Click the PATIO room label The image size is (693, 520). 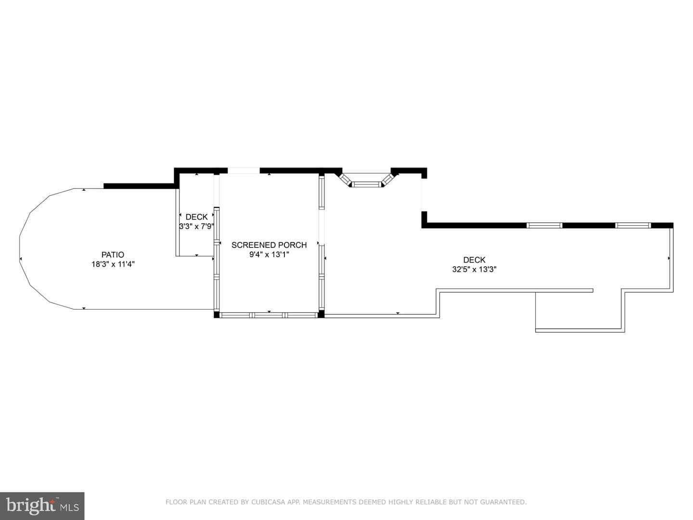pos(113,255)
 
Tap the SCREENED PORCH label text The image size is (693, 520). pos(269,245)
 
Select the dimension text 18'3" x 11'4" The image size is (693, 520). pos(113,264)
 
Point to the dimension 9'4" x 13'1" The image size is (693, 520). pos(269,255)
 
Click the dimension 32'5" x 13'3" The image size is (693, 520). pos(474,269)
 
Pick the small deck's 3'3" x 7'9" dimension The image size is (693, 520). pos(197,226)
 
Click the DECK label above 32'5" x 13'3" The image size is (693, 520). pos(474,260)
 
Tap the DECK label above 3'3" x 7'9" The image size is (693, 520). pos(197,217)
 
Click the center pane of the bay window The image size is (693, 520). pos(366,184)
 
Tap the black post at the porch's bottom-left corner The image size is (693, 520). pos(217,314)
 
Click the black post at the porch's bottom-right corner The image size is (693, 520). pos(321,314)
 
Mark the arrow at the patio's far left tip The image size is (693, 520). pos(21,259)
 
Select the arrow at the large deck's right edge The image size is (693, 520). pos(668,258)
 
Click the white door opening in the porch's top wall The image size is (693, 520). pos(244,170)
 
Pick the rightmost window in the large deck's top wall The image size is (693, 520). pos(633,225)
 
